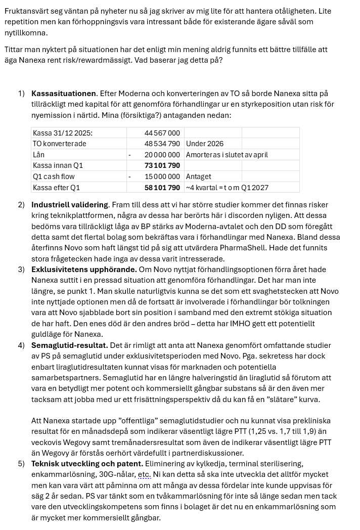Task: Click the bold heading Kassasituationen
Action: click(x=63, y=94)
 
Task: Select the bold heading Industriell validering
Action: click(x=69, y=205)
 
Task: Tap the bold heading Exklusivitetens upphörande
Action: click(x=84, y=270)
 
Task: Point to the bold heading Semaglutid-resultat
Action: click(x=69, y=345)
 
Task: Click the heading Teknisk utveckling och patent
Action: click(x=87, y=463)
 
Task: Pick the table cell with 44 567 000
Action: click(x=162, y=133)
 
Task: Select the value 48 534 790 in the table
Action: click(x=162, y=144)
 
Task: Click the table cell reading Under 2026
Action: click(x=205, y=144)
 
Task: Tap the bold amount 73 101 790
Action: click(x=162, y=165)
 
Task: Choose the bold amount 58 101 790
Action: click(x=162, y=188)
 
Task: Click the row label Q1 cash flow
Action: click(x=54, y=176)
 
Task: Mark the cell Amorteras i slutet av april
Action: click(x=227, y=155)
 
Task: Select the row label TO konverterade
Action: click(x=59, y=144)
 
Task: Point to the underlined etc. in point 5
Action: click(x=145, y=475)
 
